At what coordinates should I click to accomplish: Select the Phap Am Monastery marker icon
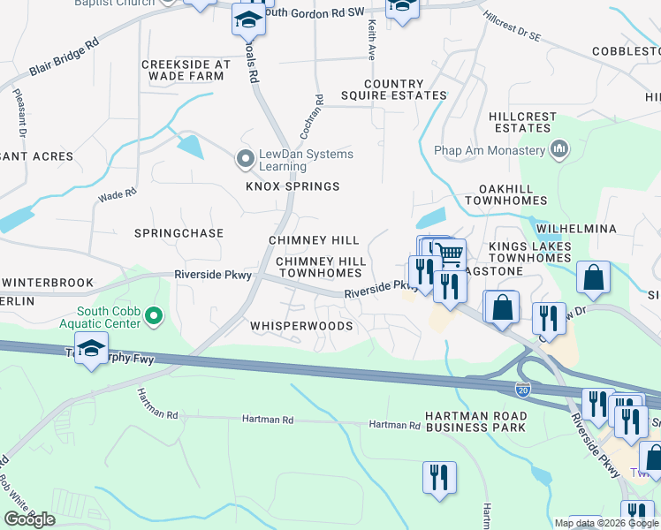558,148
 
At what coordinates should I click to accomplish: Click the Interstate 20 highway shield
523,387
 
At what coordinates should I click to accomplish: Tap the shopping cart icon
451,255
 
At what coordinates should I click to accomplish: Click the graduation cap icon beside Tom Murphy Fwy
91,349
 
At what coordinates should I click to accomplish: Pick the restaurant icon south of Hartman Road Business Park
439,478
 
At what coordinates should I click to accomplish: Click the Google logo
29,519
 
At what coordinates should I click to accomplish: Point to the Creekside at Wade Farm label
186,71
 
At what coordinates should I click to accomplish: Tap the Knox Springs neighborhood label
293,186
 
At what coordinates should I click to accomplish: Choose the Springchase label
179,233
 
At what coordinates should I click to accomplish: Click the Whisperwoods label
301,326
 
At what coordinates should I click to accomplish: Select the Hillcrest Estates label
523,122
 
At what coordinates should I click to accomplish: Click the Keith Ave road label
371,41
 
